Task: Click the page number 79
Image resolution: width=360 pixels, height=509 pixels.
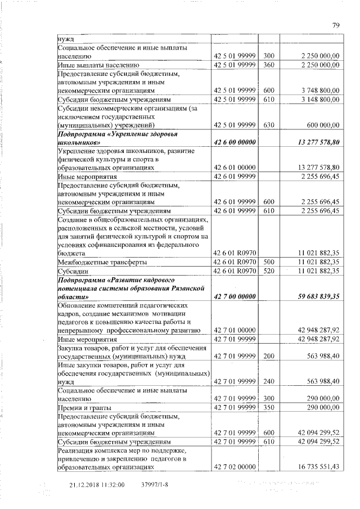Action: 336,25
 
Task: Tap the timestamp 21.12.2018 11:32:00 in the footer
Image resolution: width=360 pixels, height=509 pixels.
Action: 97,484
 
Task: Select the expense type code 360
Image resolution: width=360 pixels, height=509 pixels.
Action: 268,65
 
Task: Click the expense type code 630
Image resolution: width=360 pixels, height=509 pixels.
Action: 268,124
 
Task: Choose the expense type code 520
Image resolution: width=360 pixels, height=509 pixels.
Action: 268,271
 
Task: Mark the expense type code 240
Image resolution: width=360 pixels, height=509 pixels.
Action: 268,381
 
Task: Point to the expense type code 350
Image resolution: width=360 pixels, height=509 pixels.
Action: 268,407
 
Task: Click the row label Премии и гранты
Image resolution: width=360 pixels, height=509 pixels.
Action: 84,407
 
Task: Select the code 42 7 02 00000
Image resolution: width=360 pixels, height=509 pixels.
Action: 233,467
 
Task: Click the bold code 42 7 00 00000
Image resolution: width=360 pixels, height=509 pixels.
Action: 233,295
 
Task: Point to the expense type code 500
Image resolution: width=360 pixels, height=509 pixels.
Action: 268,262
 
